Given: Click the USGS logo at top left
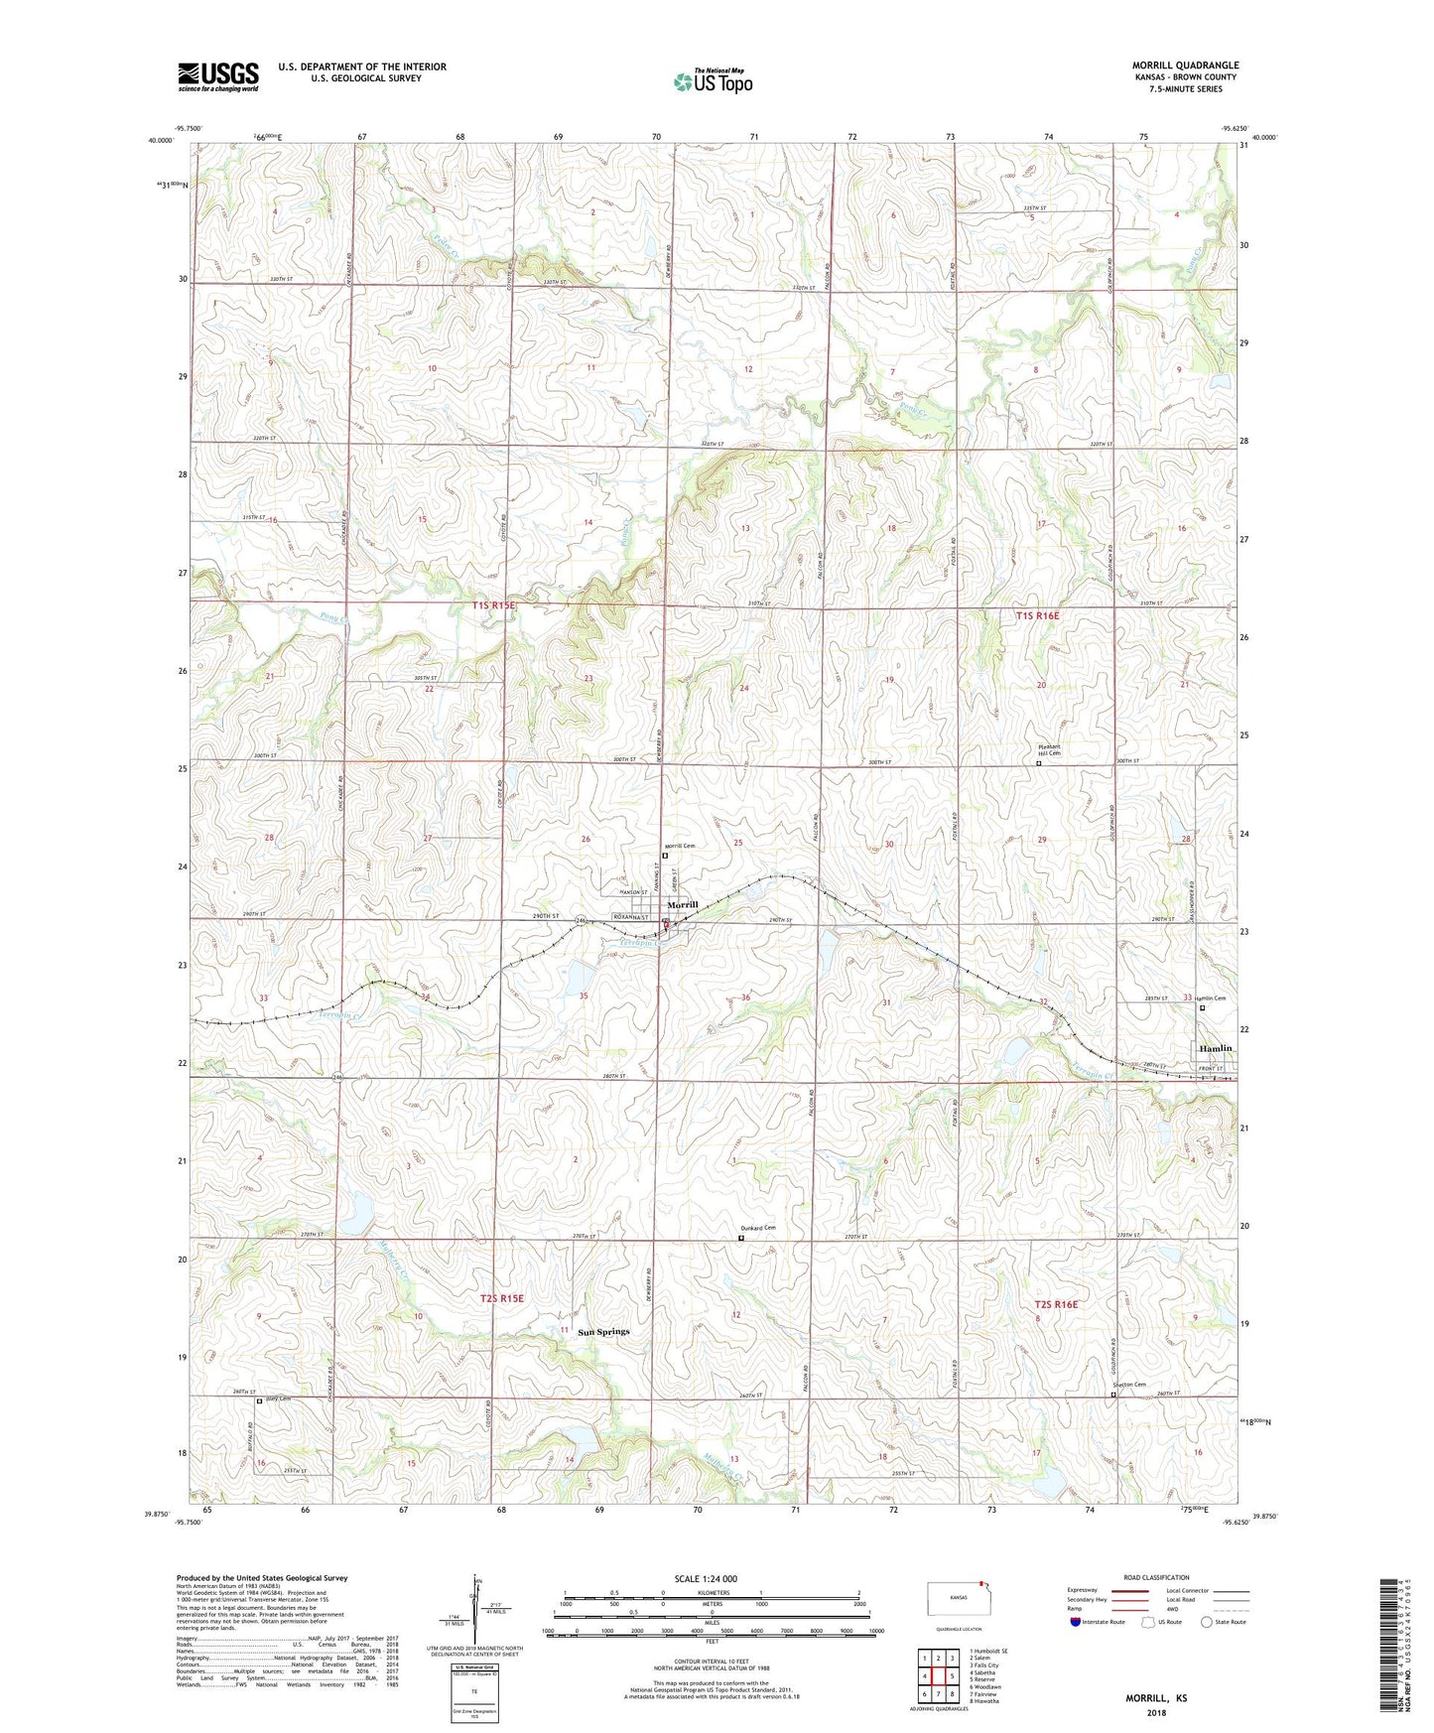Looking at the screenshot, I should pos(217,76).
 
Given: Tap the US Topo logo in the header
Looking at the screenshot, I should pos(714,81).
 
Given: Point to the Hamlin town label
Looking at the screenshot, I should pos(1214,1048).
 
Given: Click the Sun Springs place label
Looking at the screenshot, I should pos(603,1332).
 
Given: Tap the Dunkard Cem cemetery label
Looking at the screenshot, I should pos(755,1229).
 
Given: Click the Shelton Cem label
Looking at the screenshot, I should pos(1127,1385).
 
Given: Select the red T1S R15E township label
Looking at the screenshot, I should pos(494,604).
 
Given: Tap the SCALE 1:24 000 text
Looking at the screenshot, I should pos(706,1578).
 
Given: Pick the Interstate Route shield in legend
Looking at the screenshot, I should pos(1076,1623).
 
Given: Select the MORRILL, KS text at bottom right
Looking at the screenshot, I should pos(1155,1698).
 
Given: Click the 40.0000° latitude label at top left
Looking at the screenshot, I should pos(159,141).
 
